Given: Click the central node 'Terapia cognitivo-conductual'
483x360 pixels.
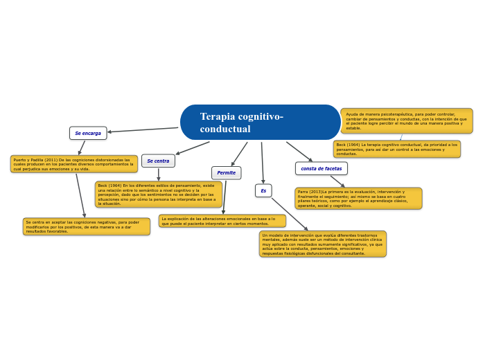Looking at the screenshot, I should pyautogui.click(x=260, y=123).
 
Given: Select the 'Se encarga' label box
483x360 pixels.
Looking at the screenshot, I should pyautogui.click(x=88, y=133).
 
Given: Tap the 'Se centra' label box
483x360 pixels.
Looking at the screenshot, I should pyautogui.click(x=158, y=161).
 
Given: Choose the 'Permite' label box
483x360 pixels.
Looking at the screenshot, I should pyautogui.click(x=226, y=172).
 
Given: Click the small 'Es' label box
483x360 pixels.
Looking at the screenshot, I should pyautogui.click(x=263, y=190).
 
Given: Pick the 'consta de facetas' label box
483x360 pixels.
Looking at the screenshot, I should pyautogui.click(x=321, y=168).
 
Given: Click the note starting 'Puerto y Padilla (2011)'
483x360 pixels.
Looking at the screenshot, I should pyautogui.click(x=73, y=164).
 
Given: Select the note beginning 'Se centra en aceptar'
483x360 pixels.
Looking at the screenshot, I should pyautogui.click(x=86, y=226).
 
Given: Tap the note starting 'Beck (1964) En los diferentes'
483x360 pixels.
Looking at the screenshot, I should pyautogui.click(x=158, y=195).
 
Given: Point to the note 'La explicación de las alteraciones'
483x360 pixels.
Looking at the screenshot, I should pyautogui.click(x=222, y=221).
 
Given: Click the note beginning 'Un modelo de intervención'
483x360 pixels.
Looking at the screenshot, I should pyautogui.click(x=322, y=244).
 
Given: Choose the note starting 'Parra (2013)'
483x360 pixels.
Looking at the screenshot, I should pyautogui.click(x=358, y=198).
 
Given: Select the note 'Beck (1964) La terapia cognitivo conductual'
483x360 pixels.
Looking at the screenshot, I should pyautogui.click(x=396, y=149).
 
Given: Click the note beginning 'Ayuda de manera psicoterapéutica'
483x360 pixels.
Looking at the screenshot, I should pyautogui.click(x=407, y=120).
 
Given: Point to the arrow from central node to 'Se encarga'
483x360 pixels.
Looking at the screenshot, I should pyautogui.click(x=143, y=129).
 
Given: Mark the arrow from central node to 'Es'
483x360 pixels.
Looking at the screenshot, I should pyautogui.click(x=262, y=163).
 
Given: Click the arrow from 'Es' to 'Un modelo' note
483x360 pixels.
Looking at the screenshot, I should pyautogui.click(x=290, y=214).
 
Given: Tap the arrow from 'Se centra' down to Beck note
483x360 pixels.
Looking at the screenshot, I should pyautogui.click(x=158, y=174).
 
